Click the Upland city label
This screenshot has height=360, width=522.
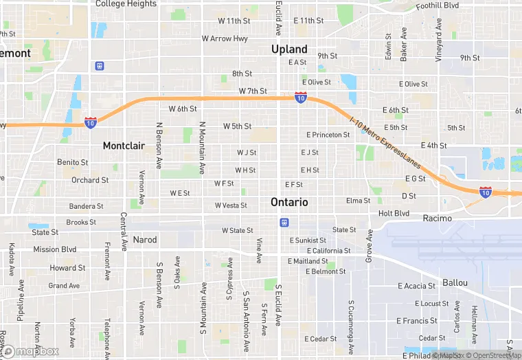click(289, 49)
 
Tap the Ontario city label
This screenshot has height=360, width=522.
click(289, 202)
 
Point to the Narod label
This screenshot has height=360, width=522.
click(145, 240)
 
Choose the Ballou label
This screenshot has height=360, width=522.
click(455, 282)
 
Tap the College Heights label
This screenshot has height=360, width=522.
click(126, 4)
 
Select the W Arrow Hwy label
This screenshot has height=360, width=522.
click(225, 38)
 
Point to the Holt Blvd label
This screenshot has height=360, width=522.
click(394, 214)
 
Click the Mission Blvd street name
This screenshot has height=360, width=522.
click(55, 249)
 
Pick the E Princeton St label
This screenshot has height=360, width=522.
click(328, 135)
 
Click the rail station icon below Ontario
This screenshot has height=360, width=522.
click(283, 223)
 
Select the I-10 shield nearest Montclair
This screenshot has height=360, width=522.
click(91, 122)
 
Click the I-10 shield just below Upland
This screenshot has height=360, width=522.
click(301, 98)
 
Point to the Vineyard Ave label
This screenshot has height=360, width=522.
click(439, 45)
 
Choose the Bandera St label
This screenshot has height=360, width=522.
click(86, 206)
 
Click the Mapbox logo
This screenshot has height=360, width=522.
click(31, 351)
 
